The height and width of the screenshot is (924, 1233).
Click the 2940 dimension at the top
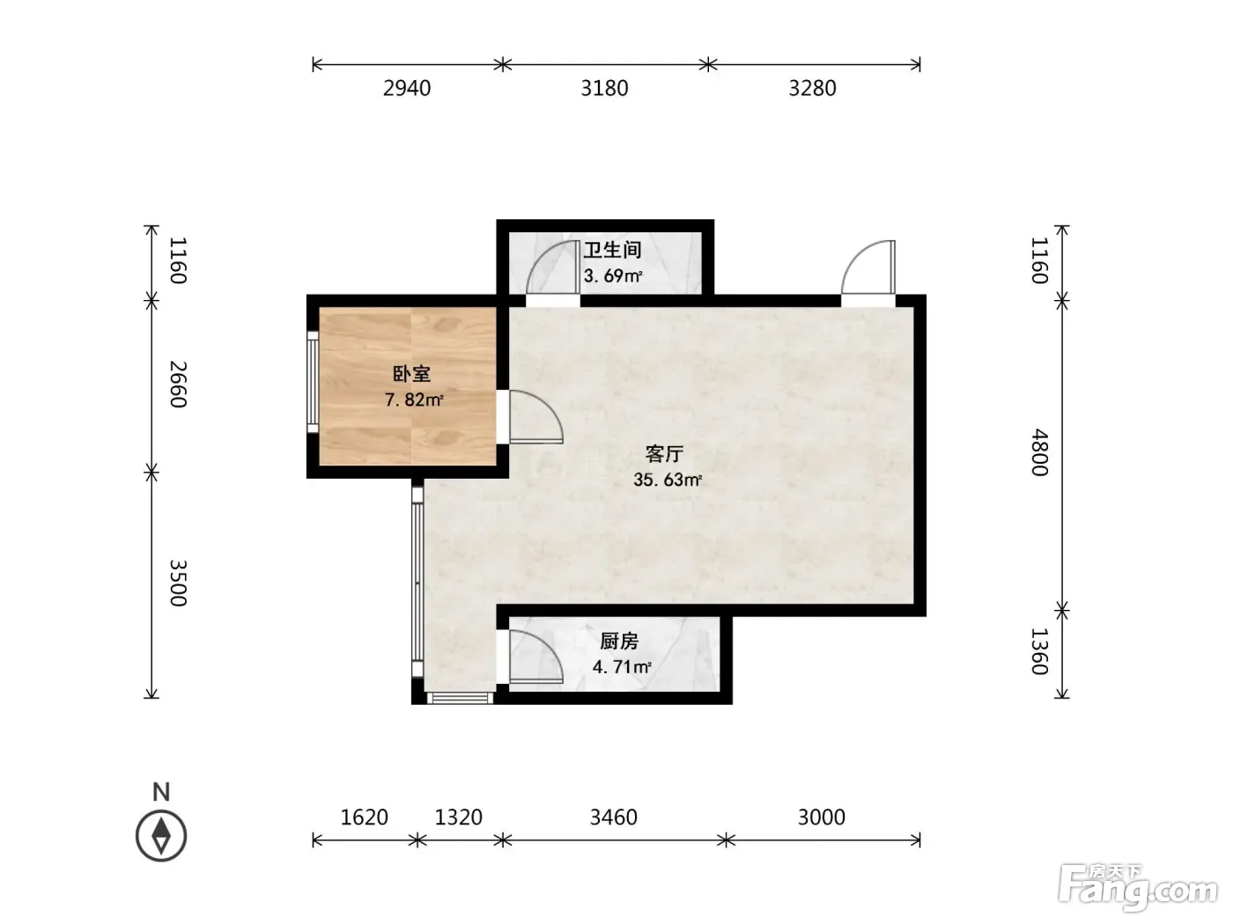coord(407,88)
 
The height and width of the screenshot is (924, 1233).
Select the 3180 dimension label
coord(604,88)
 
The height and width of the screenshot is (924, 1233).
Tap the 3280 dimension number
coord(812,88)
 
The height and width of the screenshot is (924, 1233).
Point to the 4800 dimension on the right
coord(1040,452)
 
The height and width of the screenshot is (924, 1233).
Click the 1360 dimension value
coord(1040,651)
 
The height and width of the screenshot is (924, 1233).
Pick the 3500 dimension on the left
coord(178,583)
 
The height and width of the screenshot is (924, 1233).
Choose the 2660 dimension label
coord(178,385)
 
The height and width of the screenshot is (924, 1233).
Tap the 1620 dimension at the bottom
coord(364,818)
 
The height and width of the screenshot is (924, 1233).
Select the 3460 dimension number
coord(613,818)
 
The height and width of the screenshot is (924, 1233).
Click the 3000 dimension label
coord(821,818)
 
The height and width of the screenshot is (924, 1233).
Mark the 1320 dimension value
coord(458,818)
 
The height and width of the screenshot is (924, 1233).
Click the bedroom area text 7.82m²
coord(414,400)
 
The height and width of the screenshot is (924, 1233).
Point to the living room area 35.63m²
coord(668,480)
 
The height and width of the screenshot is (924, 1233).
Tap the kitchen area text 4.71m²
coord(622,667)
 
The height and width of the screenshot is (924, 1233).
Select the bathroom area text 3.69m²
coord(613,276)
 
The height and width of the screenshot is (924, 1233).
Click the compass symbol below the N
coord(161,836)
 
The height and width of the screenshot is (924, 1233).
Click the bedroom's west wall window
coord(313,382)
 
